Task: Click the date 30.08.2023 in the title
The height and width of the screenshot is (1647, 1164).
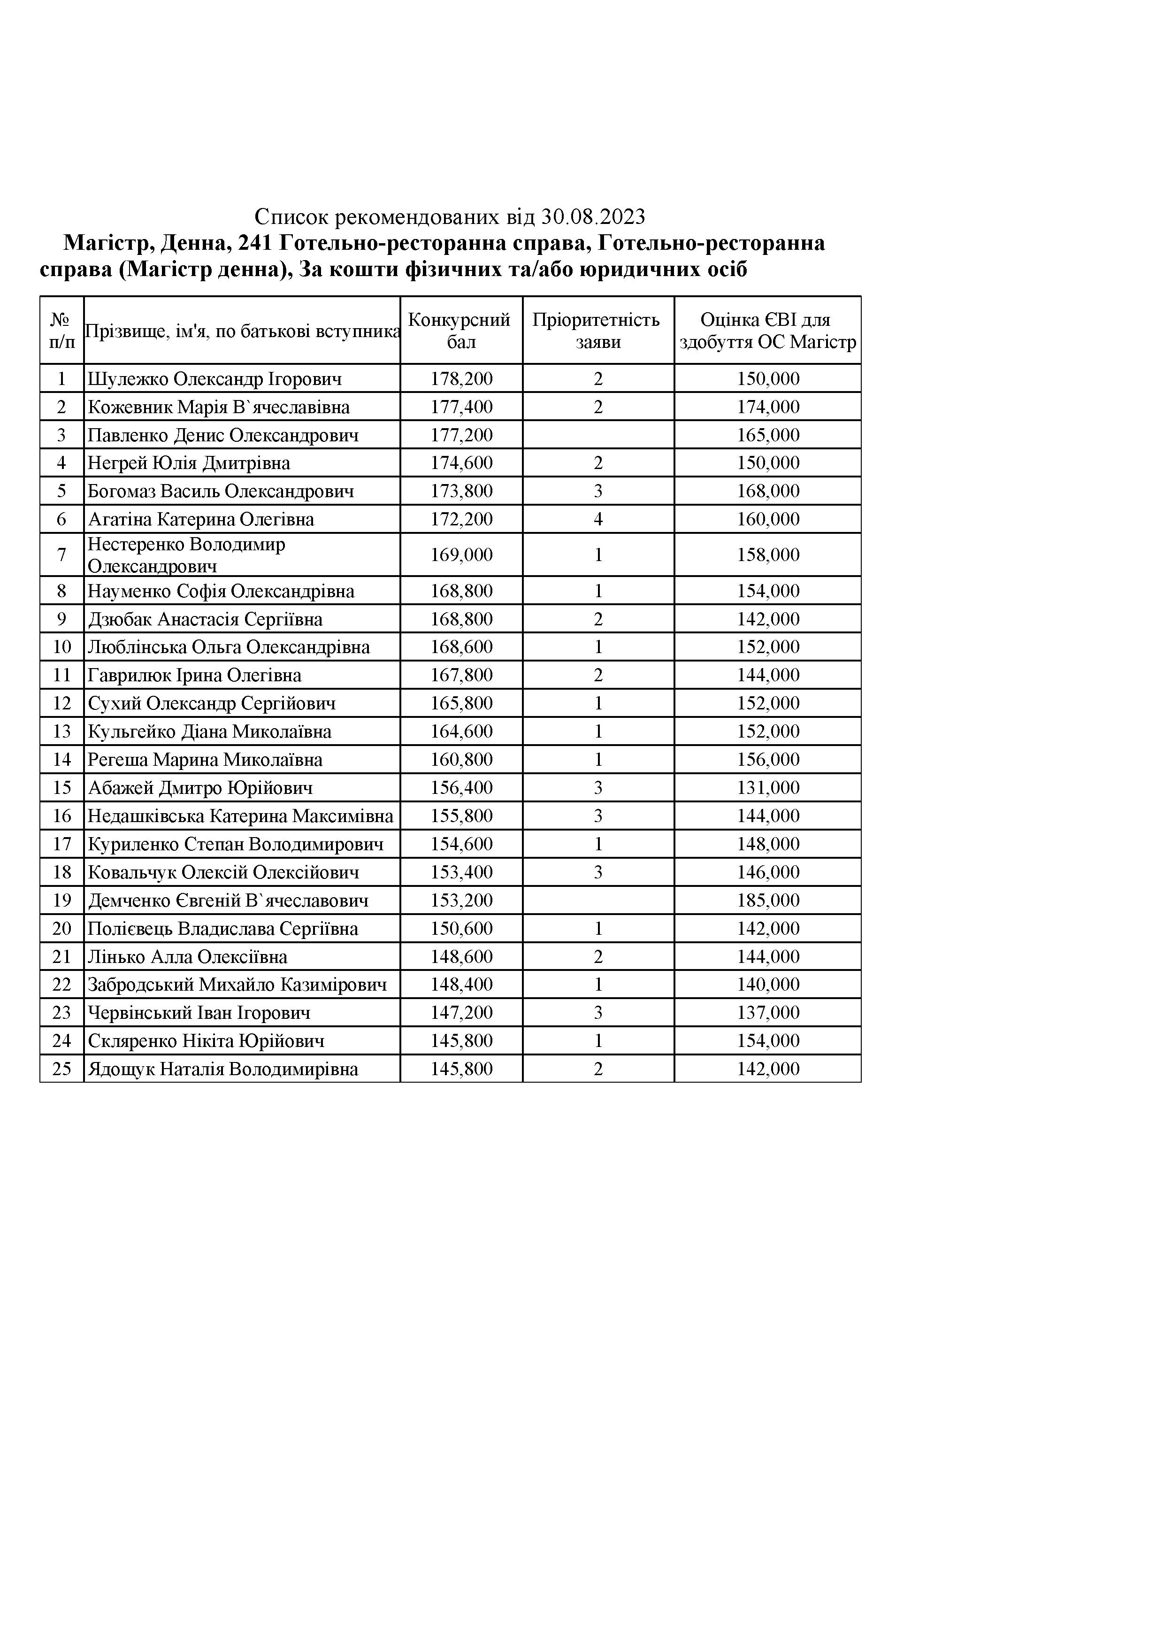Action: click(x=593, y=216)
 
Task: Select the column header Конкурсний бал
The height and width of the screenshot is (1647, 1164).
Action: click(x=461, y=331)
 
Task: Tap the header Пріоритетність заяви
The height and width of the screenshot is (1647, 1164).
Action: click(x=597, y=331)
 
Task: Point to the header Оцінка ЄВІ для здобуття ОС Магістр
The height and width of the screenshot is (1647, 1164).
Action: click(x=767, y=331)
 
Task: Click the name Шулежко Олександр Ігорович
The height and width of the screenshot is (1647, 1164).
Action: click(x=214, y=379)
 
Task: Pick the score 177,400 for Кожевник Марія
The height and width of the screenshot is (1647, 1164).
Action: click(x=461, y=407)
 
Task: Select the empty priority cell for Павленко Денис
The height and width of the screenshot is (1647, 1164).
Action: click(x=597, y=435)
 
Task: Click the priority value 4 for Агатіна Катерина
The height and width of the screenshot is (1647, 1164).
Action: click(x=598, y=519)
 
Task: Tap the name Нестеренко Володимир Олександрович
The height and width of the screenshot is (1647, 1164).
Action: click(x=186, y=554)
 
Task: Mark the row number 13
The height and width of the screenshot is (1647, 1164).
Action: click(x=61, y=731)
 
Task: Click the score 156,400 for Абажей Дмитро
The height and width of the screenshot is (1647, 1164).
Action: click(x=461, y=788)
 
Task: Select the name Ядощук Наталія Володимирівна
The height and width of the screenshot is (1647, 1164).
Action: click(x=222, y=1069)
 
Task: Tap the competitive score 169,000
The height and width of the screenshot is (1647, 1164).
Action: click(x=461, y=554)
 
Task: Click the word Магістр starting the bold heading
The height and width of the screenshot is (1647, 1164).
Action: click(x=106, y=244)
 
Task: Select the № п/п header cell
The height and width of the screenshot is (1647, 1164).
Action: click(x=61, y=331)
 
